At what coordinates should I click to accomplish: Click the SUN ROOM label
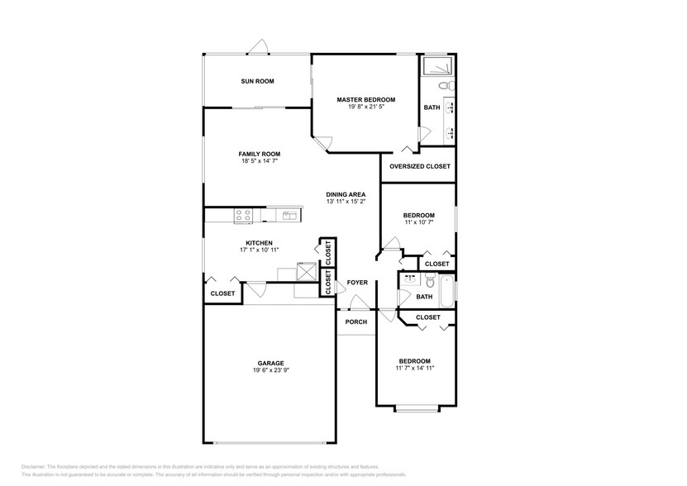pos(257,81)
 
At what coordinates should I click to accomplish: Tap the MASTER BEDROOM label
pos(365,99)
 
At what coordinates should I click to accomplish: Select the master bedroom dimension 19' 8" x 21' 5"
pos(365,107)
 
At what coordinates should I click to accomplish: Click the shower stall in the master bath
pos(437,67)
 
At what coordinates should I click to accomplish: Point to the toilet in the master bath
pos(444,85)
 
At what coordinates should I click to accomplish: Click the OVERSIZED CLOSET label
pos(420,166)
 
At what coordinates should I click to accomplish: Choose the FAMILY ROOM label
pos(260,154)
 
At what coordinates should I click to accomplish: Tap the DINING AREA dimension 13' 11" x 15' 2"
pos(346,202)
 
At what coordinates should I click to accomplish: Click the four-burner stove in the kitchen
pos(244,215)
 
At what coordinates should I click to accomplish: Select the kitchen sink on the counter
pos(289,215)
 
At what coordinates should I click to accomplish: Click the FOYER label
pos(357,283)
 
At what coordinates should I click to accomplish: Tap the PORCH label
pos(356,322)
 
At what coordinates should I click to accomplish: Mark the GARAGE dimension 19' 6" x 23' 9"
pos(270,370)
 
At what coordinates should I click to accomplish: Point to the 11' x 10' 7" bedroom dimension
pos(417,222)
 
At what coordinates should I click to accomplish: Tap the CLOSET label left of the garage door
pos(222,293)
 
